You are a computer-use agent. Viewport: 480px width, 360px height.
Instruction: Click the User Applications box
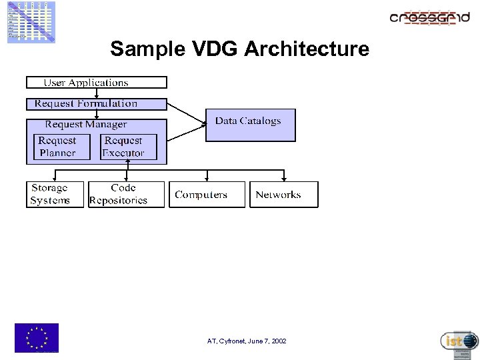tap(96, 83)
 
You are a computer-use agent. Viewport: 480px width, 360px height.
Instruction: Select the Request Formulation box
tap(96, 104)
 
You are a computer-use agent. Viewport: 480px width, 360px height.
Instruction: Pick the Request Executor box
tap(129, 147)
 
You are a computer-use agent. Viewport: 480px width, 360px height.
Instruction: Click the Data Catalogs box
tap(250, 125)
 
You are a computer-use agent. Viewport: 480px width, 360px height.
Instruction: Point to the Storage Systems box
tap(55, 195)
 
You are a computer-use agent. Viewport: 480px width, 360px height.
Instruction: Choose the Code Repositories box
tap(126, 195)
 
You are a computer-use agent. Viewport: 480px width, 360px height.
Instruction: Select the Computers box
tap(207, 195)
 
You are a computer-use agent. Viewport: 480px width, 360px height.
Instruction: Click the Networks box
tap(283, 195)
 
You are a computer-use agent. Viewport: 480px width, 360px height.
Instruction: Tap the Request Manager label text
tap(86, 125)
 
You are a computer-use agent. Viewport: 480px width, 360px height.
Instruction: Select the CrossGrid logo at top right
tap(429, 17)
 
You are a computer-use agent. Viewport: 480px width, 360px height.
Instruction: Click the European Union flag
tap(37, 337)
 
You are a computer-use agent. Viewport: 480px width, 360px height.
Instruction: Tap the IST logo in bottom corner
tap(459, 342)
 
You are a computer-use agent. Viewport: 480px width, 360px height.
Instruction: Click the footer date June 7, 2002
tap(264, 341)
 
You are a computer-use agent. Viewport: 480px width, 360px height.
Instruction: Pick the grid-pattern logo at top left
tap(31, 21)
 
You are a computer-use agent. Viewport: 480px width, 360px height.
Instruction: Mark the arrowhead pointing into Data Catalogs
tap(203, 122)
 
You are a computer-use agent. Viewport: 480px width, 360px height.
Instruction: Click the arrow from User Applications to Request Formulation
tap(96, 93)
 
